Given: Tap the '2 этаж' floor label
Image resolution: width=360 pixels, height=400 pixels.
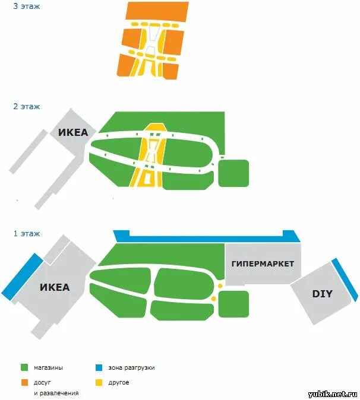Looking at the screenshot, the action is click(27, 107).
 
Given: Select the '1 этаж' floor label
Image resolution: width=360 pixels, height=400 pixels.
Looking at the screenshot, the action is click(27, 233).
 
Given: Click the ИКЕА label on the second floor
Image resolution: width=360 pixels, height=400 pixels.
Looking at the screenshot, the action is click(72, 133).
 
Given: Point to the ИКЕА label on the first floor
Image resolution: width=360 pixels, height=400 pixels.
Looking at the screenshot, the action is click(55, 288).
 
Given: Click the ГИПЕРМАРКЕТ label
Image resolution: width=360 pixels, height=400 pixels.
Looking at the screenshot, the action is click(263, 264).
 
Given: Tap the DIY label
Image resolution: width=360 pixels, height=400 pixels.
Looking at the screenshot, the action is click(322, 294).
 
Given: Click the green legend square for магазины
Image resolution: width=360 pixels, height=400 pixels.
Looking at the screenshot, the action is click(24, 367).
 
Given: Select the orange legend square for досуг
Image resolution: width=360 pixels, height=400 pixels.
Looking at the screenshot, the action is click(24, 382).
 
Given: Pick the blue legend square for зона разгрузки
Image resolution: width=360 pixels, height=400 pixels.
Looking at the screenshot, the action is click(99, 367).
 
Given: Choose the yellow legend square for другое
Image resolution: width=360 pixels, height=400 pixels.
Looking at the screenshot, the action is click(99, 382).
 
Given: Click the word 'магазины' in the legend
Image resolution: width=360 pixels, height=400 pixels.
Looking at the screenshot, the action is click(49, 368).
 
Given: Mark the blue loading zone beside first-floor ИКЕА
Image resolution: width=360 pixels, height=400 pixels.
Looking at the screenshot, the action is click(21, 277).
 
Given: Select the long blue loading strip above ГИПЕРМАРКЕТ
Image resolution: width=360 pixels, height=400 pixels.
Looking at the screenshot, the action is click(205, 237).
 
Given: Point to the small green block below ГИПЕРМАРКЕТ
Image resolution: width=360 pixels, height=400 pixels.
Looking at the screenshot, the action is click(233, 304).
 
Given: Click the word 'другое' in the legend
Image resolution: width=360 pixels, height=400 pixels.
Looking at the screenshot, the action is click(119, 383).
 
